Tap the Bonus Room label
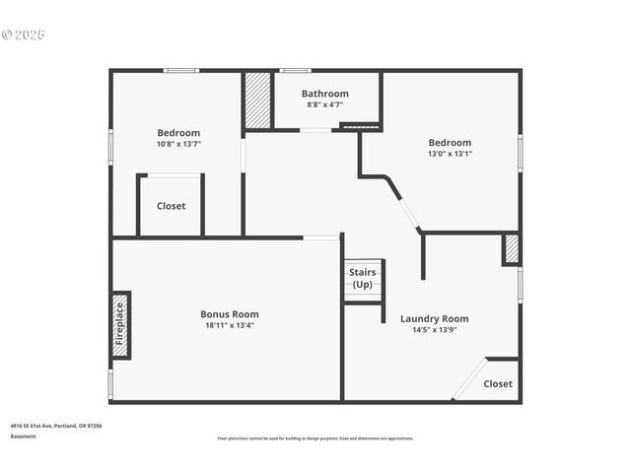pyautogui.click(x=230, y=314)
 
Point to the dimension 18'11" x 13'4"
pyautogui.click(x=230, y=325)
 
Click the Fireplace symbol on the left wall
pyautogui.click(x=120, y=325)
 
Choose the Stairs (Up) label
pyautogui.click(x=362, y=278)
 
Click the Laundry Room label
pyautogui.click(x=434, y=318)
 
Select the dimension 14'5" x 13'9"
pyautogui.click(x=434, y=330)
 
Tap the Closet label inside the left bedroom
pyautogui.click(x=171, y=206)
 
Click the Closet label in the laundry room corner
pyautogui.click(x=498, y=383)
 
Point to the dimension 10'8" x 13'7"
pyautogui.click(x=178, y=144)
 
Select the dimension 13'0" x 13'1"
pyautogui.click(x=449, y=154)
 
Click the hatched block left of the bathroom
pyautogui.click(x=257, y=100)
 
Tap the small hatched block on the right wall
pyautogui.click(x=511, y=248)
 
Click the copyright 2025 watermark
pyautogui.click(x=24, y=34)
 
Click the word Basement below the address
pyautogui.click(x=24, y=437)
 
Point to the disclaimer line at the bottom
pyautogui.click(x=315, y=439)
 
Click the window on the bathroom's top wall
pyautogui.click(x=294, y=70)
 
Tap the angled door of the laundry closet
pyautogui.click(x=469, y=379)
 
